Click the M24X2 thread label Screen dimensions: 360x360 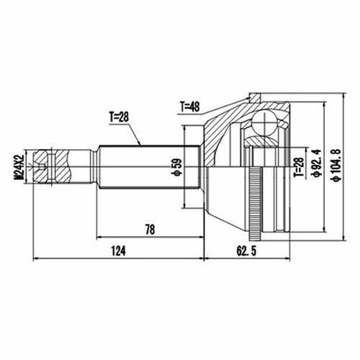point(19,167)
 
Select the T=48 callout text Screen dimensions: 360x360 point(190,107)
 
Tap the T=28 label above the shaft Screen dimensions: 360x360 point(120,117)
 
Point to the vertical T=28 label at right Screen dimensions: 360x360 point(299,167)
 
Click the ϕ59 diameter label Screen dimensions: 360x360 point(178,167)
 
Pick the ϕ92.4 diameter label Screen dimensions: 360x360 point(315,163)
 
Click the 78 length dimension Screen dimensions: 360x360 point(150,230)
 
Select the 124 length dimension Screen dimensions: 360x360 point(118,251)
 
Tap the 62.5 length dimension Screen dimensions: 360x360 point(246,251)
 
